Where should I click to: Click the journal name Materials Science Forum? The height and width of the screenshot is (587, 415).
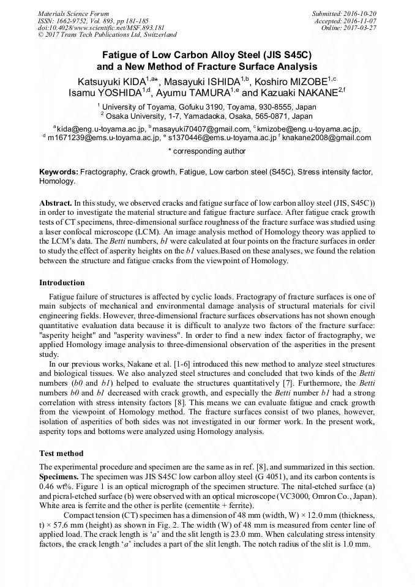pyautogui.click(x=73, y=13)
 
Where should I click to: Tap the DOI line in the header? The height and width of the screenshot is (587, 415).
pyautogui.click(x=100, y=28)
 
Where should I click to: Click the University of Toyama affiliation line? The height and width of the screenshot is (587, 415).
pyautogui.click(x=208, y=107)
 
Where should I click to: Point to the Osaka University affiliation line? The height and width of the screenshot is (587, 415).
pyautogui.click(x=208, y=115)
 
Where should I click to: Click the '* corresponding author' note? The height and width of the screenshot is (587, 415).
pyautogui.click(x=207, y=151)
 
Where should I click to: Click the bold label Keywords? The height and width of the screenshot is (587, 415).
pyautogui.click(x=59, y=173)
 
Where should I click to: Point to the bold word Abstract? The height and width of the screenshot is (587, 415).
pyautogui.click(x=56, y=202)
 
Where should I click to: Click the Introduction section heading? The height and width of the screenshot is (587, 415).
pyautogui.click(x=62, y=283)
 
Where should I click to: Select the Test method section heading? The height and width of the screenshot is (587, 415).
pyautogui.click(x=61, y=454)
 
